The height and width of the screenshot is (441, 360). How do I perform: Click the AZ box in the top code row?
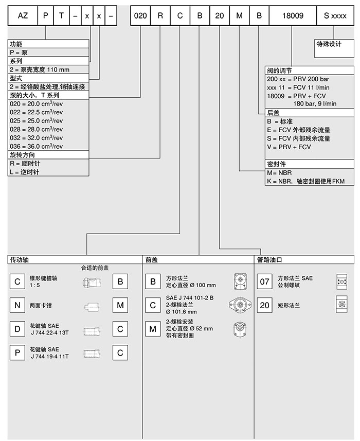(x=22, y=15)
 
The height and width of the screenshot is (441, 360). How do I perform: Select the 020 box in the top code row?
(x=140, y=15)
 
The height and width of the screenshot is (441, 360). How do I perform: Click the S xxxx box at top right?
(x=335, y=15)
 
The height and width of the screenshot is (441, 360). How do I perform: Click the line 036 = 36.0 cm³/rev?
(x=36, y=146)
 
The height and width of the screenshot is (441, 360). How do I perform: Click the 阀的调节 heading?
(x=280, y=70)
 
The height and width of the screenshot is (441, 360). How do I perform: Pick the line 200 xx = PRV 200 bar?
(x=298, y=79)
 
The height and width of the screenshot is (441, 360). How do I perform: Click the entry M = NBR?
(x=280, y=173)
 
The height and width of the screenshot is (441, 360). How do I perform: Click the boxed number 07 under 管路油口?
(x=264, y=281)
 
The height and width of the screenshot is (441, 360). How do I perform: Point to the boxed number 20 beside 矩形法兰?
(x=264, y=305)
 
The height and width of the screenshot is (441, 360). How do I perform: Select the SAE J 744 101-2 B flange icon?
(x=239, y=305)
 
